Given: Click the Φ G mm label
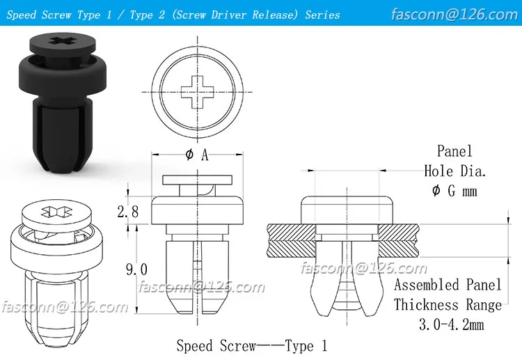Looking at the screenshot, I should pos(454,190).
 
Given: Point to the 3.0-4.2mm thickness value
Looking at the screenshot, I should pos(448,324).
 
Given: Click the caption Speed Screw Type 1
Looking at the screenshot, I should pos(251,345).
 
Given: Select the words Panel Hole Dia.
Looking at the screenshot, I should pos(454,161).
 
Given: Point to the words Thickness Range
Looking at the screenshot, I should pos(448,305).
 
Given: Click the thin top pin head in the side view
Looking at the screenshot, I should pos(197,180).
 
